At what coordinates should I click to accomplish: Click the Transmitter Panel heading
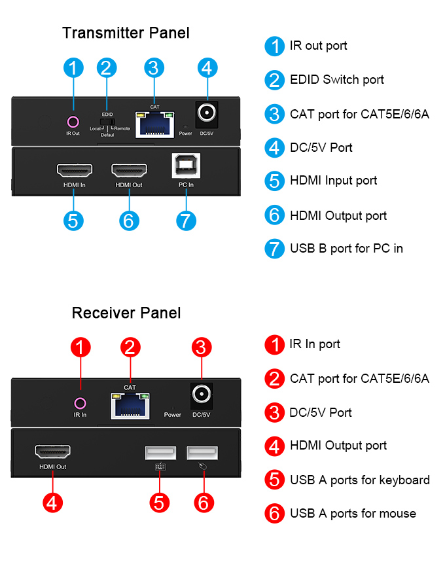(x=126, y=33)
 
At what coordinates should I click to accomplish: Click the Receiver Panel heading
(x=126, y=313)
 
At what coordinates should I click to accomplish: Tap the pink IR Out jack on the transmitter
(x=73, y=121)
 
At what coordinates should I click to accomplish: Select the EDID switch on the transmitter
(x=107, y=122)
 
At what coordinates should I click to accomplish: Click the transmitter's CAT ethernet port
(x=154, y=123)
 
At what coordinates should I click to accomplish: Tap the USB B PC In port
(x=186, y=166)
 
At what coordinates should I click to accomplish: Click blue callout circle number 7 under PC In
(x=186, y=220)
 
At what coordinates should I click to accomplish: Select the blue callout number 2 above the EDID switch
(x=107, y=68)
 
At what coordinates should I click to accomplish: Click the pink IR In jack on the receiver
(x=80, y=403)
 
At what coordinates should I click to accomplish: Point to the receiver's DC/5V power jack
(x=202, y=394)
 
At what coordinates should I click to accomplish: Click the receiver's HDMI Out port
(x=52, y=452)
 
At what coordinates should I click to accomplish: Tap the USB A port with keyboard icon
(x=160, y=453)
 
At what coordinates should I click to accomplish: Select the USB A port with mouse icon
(x=202, y=453)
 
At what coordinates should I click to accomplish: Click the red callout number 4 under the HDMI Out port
(x=52, y=503)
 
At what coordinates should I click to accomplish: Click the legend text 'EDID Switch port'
(x=336, y=80)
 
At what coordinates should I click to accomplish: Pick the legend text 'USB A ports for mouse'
(x=353, y=514)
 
